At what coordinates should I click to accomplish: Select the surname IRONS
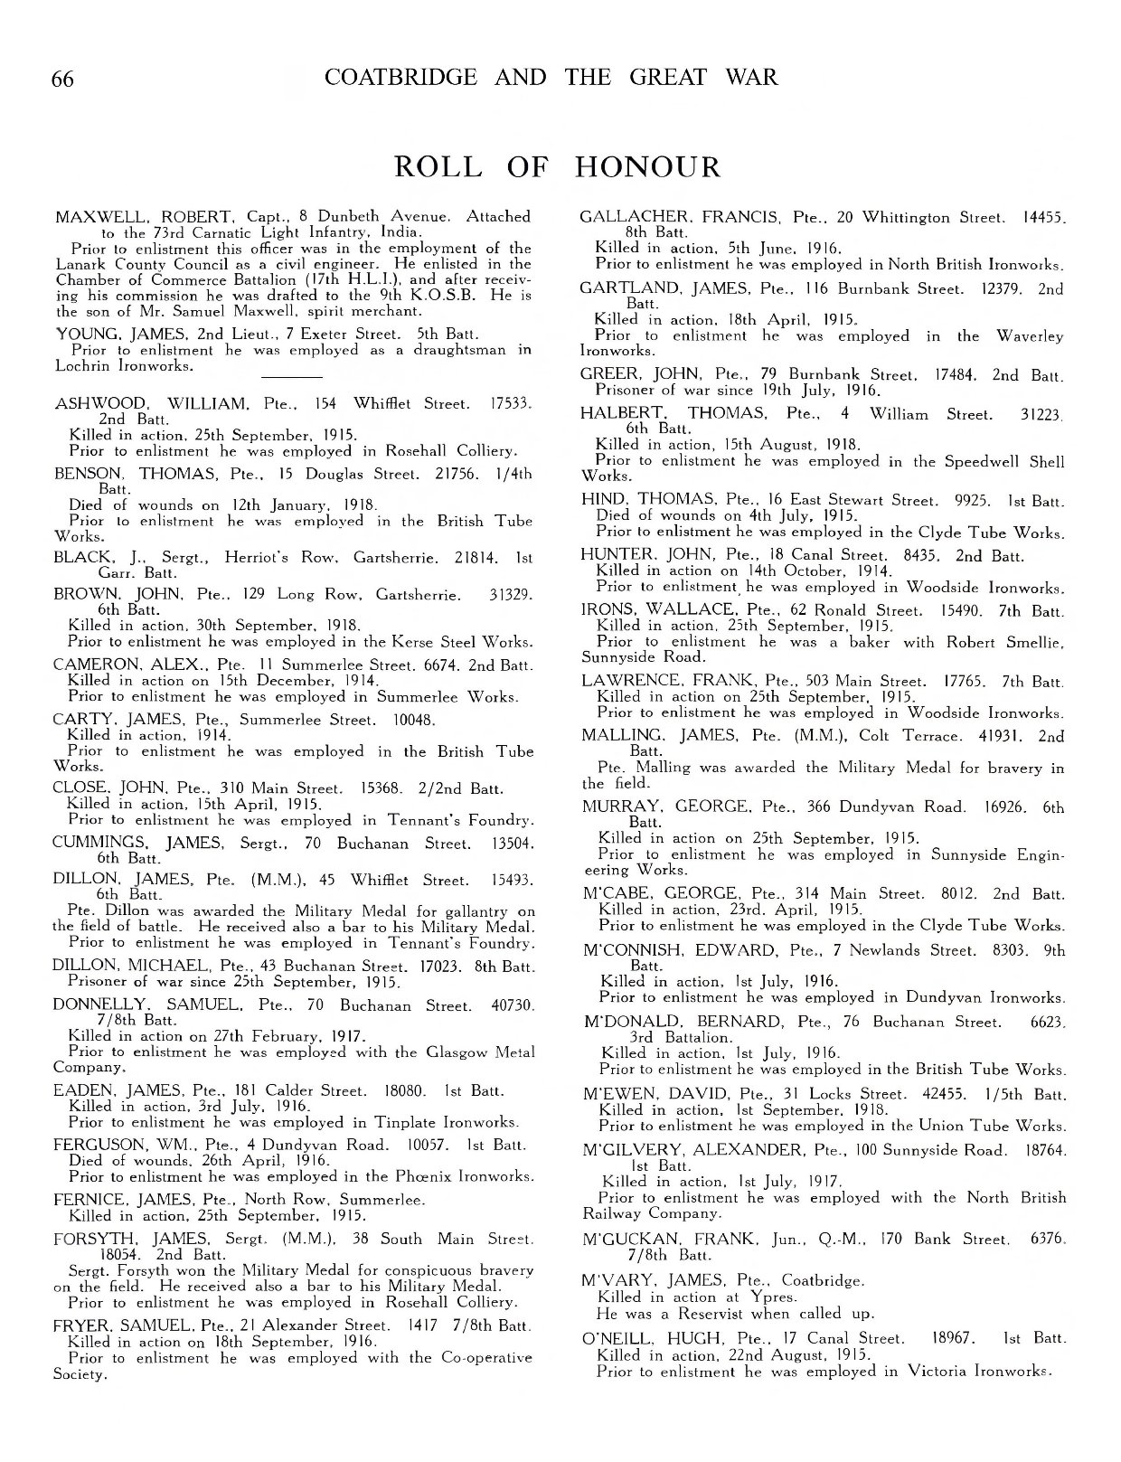click(605, 611)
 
